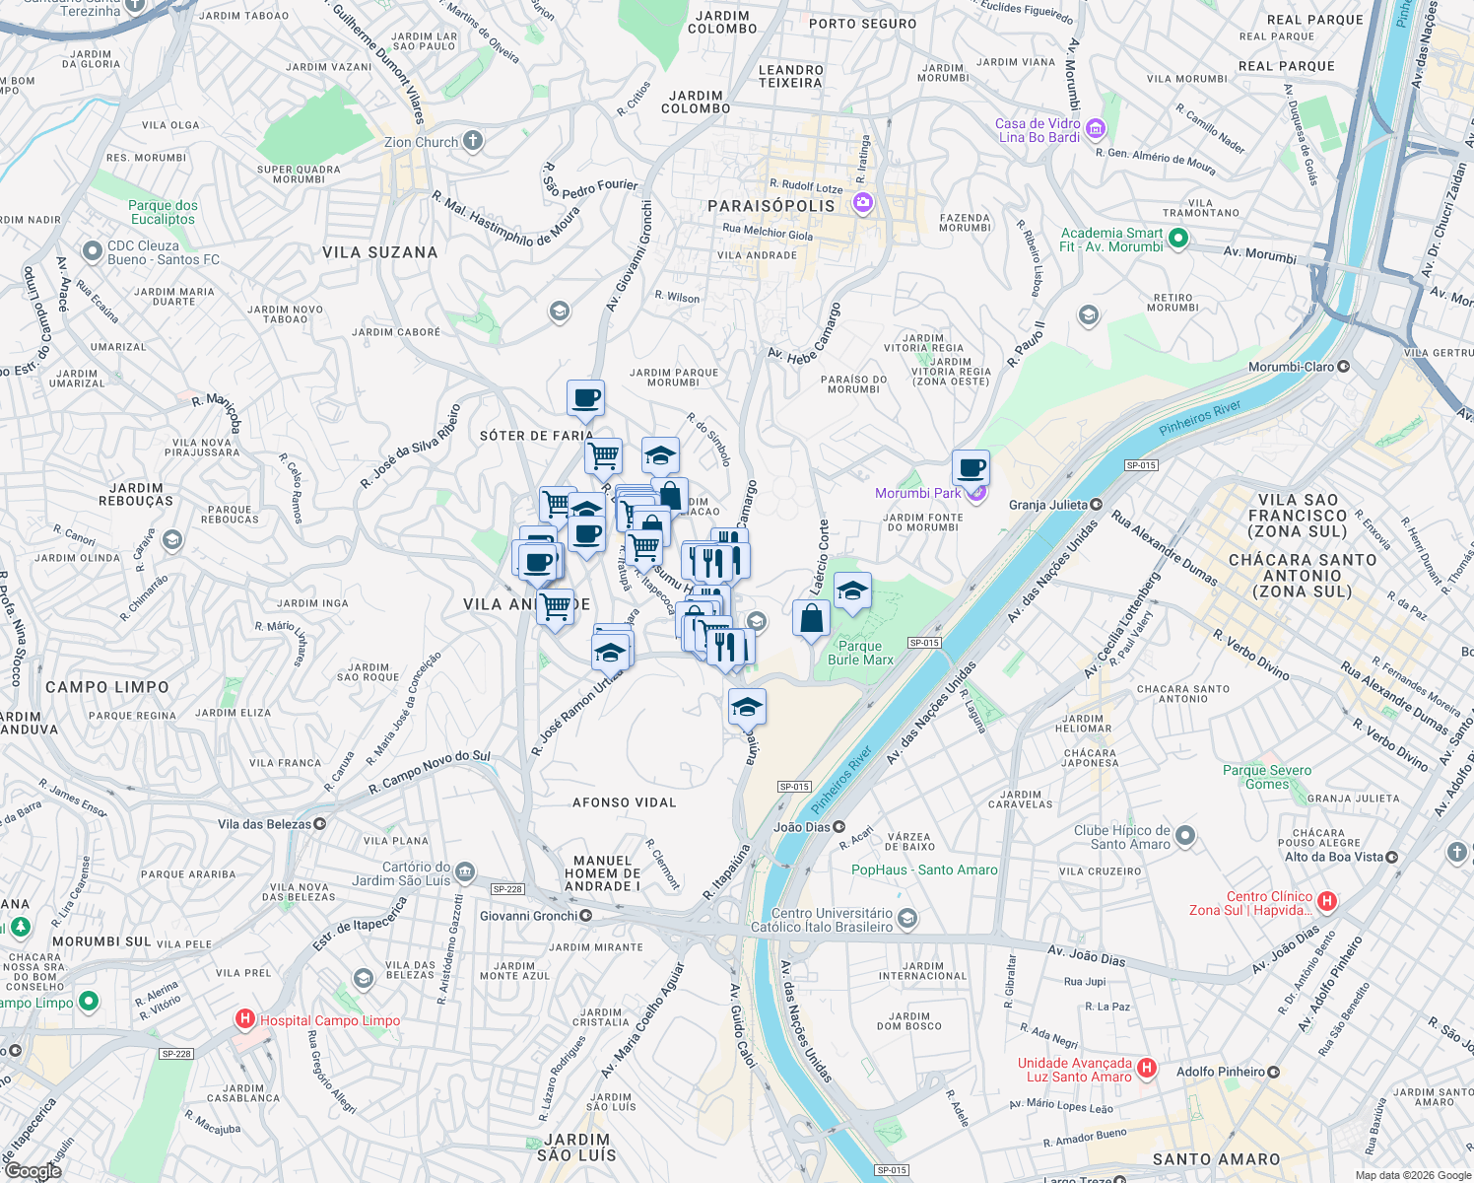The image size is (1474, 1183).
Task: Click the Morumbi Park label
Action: coord(917,493)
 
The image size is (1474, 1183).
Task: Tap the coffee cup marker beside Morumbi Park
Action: coord(971,468)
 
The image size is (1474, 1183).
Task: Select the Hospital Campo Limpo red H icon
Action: coord(244,1019)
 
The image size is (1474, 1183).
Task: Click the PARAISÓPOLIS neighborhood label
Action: coord(771,206)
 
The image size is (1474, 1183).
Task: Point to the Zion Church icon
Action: coord(473,141)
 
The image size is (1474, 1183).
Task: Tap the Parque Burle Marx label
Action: coord(860,653)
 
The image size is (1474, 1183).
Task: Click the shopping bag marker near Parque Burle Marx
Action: coord(811,619)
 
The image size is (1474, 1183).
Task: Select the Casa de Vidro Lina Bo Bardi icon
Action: coord(1096,129)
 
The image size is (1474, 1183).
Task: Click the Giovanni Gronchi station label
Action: coord(528,916)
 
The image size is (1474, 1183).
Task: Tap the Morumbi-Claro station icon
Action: coord(1343,367)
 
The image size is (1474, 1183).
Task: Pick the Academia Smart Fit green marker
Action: coord(1177,238)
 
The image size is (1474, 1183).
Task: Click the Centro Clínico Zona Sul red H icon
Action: coord(1327,901)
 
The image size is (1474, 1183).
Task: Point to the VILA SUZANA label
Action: coord(379,252)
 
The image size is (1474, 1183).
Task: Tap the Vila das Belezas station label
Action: coord(264,824)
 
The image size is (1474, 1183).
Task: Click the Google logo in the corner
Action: coord(33,1170)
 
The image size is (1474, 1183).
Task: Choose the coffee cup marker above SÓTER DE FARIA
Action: coord(585,399)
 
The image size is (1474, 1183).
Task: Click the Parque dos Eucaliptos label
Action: coord(163,212)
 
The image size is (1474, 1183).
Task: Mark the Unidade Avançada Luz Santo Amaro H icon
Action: coord(1146,1069)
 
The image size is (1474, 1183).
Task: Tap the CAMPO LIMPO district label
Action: coord(107,687)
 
